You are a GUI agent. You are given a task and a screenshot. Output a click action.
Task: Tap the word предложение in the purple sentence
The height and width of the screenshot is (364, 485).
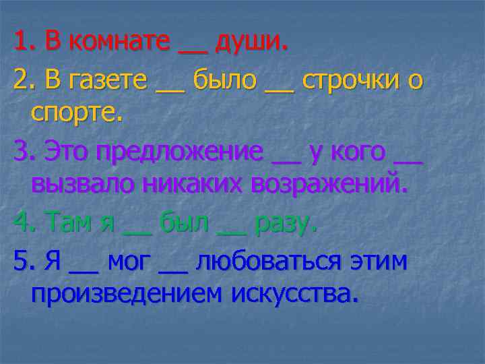(179, 152)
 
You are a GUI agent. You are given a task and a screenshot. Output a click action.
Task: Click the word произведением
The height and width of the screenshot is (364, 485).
(128, 294)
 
